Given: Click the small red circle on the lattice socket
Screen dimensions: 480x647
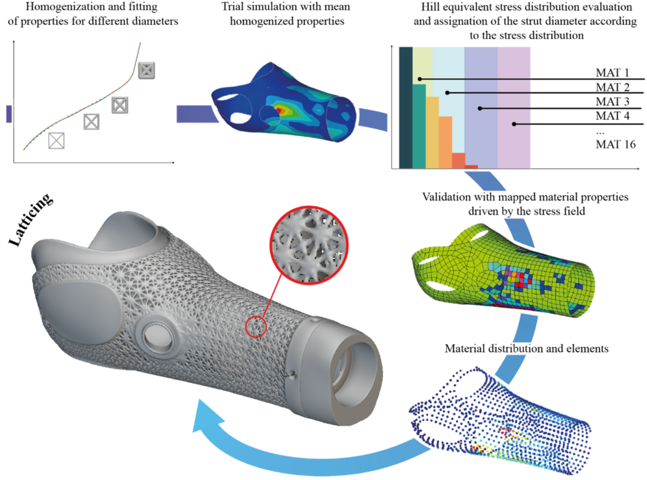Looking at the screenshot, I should pos(256,327).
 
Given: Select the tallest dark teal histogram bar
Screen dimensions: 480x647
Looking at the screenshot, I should pos(406,107).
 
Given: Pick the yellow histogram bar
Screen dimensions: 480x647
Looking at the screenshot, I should pos(432,132).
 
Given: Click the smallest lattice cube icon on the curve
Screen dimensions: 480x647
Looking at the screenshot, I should pos(56,140).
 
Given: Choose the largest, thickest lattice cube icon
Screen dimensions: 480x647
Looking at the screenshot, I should pos(146,71).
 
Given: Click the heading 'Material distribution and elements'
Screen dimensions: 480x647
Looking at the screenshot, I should pos(526,349).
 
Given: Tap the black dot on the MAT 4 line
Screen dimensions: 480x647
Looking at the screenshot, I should pos(514,124).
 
